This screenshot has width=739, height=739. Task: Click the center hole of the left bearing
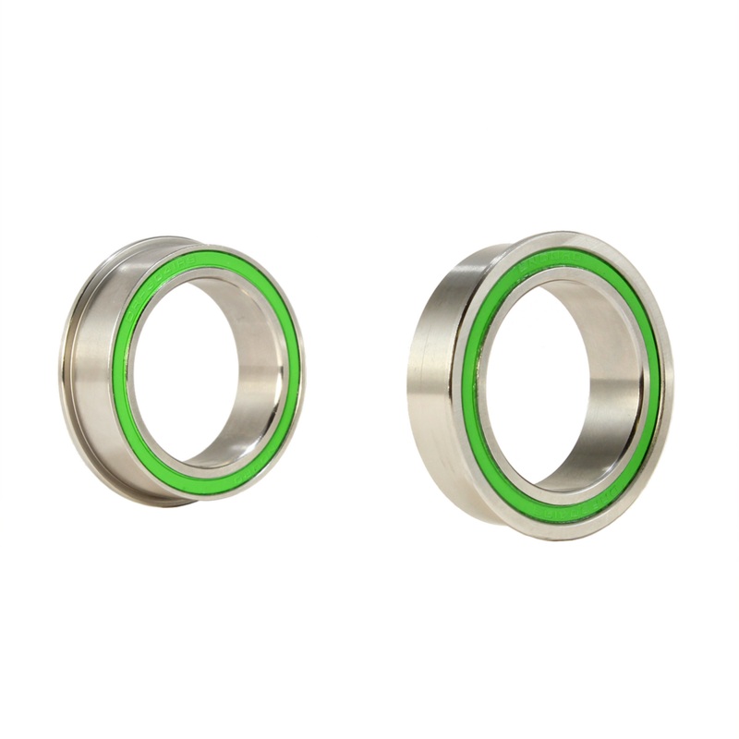tap(199, 369)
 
